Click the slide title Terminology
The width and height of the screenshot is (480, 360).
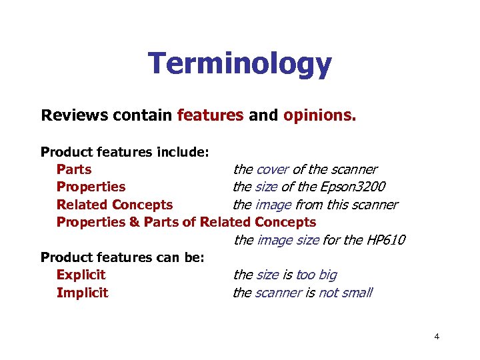[x=239, y=64]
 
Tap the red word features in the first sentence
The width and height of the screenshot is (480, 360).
[x=210, y=115]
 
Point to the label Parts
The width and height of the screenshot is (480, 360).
[x=74, y=169]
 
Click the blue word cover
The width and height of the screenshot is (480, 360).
[x=273, y=169]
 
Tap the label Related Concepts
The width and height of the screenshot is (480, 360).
[x=115, y=205]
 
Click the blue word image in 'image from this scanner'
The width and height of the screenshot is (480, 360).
[x=273, y=205]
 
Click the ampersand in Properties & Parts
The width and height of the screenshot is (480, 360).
[x=134, y=222]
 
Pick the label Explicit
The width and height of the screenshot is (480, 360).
[x=81, y=275]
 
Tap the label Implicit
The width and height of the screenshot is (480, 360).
[x=82, y=293]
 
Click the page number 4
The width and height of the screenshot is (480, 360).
[x=437, y=337]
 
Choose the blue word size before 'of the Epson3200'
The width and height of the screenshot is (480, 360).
[x=267, y=187]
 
